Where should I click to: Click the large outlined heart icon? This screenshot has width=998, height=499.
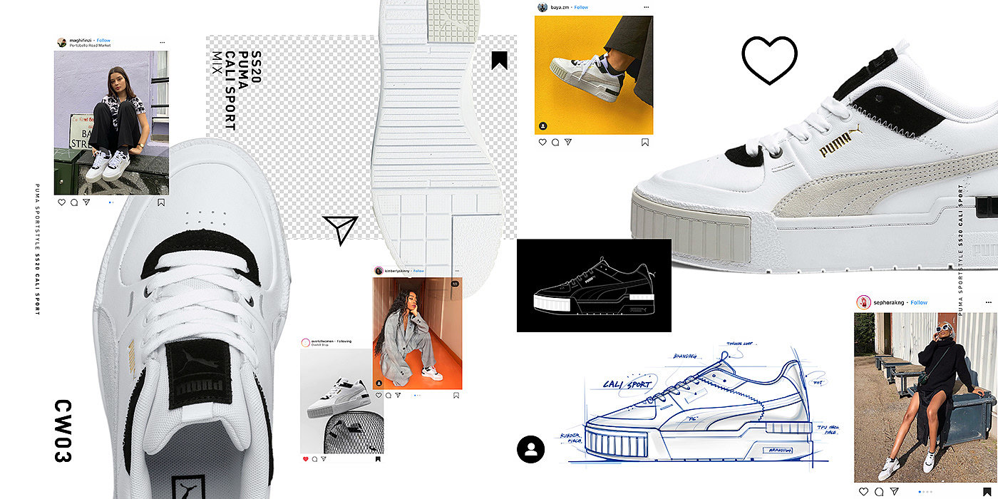click(769, 60)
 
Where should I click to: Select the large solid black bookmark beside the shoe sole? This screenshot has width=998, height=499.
click(499, 61)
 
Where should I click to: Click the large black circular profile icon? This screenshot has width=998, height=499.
click(530, 449)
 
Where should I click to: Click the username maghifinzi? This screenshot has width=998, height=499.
click(81, 41)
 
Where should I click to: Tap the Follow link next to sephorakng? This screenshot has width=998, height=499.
click(919, 302)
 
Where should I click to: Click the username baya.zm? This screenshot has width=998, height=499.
click(558, 7)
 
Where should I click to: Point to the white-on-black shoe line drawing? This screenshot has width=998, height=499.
click(594, 285)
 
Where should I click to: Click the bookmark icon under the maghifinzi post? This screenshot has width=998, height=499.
click(161, 202)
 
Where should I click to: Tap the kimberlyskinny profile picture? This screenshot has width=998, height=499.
click(379, 271)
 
